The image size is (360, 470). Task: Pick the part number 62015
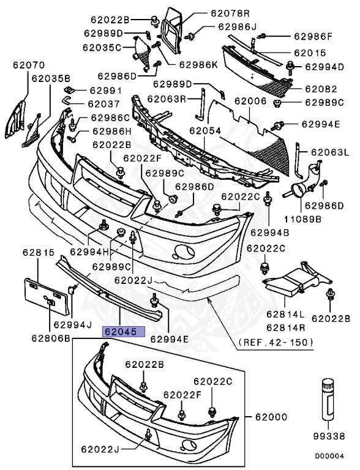point(312,53)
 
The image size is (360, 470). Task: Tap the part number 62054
point(204,130)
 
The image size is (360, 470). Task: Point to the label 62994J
point(72,324)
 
